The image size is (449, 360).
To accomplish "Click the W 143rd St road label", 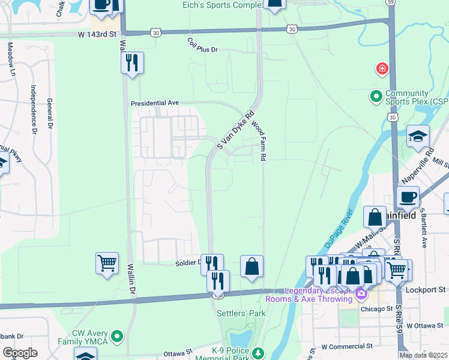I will pos(97,35).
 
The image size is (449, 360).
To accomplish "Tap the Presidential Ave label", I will pos(155,103).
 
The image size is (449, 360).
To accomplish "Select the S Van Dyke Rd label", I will pos(236,130).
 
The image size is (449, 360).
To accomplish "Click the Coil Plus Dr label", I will pos(202,45).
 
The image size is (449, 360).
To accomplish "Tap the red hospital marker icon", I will pos(382,69).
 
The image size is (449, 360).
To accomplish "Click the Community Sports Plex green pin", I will pos(376,96).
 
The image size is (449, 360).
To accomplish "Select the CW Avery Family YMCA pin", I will pos(117,335).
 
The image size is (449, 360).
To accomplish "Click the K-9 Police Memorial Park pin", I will pos(258,352).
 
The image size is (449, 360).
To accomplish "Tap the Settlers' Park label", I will pos(241,313).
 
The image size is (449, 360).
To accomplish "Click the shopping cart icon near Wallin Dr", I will pos(107,263).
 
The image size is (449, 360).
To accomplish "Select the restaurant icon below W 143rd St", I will pos(132,62).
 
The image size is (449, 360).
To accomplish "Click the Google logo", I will pos(20,353).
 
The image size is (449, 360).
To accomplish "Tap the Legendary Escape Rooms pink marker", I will pos(361,294).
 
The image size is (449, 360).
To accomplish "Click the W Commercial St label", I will pos(347,346).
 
